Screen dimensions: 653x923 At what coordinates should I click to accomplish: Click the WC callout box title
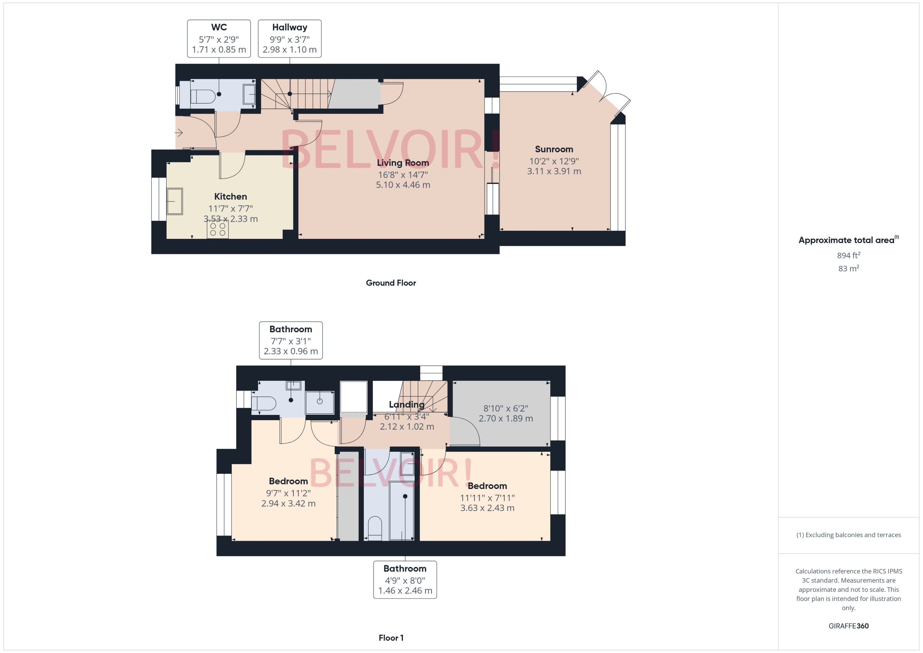pos(219,27)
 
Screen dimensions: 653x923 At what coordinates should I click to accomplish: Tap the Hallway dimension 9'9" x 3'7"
pos(290,39)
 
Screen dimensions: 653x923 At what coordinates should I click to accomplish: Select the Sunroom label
pos(554,149)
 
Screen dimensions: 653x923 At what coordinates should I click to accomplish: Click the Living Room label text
pos(403,163)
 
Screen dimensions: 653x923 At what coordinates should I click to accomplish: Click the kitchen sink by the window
pos(175,201)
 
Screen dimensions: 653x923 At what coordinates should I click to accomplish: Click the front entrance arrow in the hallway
pos(179,132)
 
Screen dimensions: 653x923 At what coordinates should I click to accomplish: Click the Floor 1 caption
pos(391,638)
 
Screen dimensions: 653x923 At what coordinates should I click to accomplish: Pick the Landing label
pos(407,404)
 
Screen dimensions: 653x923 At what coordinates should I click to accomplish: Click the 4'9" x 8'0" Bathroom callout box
pos(405,579)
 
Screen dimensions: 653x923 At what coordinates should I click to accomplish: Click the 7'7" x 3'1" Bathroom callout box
pos(291,340)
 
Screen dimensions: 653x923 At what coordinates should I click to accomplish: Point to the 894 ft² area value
pos(848,255)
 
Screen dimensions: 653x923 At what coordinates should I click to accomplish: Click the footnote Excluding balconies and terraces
pos(848,535)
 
